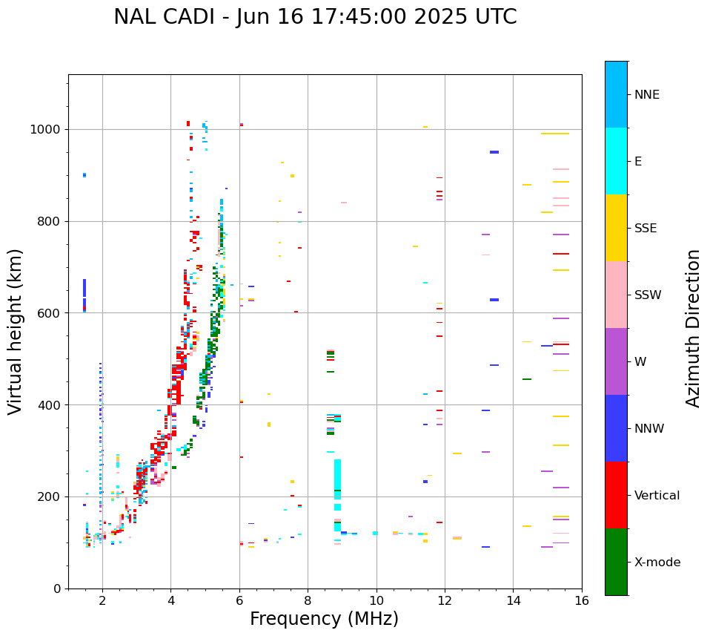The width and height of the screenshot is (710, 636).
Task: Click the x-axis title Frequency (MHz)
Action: point(324,619)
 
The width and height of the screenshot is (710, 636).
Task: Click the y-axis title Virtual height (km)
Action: point(16,332)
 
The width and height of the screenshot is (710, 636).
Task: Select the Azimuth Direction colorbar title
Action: point(693,328)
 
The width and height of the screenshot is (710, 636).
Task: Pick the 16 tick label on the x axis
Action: point(582,600)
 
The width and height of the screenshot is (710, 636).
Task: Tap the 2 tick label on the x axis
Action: point(102,600)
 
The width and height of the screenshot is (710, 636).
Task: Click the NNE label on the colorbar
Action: point(646,95)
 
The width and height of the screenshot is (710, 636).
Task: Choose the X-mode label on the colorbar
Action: point(657,563)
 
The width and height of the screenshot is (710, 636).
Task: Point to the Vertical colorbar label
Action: point(657,496)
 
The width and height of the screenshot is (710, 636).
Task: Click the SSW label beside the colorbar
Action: point(647,295)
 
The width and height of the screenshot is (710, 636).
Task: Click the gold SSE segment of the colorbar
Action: point(616,228)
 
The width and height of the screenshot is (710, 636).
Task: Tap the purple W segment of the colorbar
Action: point(616,361)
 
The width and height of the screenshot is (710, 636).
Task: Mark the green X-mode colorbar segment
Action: point(616,562)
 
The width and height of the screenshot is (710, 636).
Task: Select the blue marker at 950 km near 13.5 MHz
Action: point(494,152)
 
